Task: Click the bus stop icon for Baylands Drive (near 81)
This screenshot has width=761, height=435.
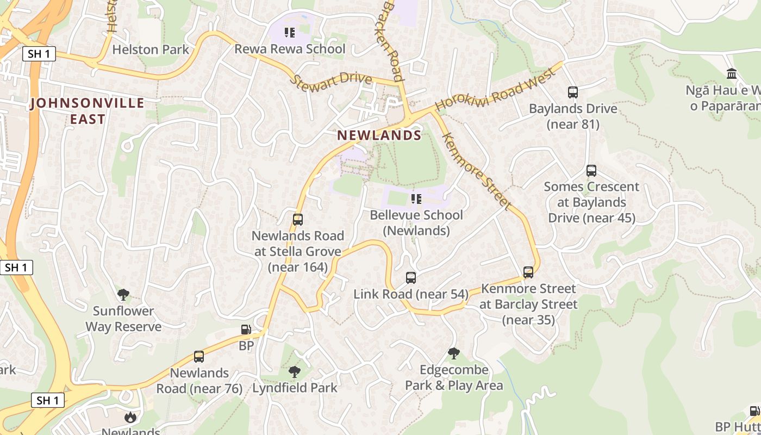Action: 573,92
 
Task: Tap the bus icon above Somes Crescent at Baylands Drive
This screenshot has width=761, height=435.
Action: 591,171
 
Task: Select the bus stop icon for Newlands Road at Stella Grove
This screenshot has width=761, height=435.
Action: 298,220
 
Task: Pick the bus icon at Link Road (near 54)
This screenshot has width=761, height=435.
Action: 411,278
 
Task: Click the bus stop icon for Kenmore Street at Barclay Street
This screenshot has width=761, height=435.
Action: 528,272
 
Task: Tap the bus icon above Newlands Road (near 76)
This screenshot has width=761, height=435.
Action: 199,357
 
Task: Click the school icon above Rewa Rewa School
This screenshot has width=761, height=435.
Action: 290,33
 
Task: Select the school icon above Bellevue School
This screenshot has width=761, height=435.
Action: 416,199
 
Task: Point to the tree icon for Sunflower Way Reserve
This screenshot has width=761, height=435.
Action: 123,295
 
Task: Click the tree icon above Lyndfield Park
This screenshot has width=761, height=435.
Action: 295,372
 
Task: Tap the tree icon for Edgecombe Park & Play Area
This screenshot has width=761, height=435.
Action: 454,353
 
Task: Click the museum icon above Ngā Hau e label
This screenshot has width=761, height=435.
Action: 732,73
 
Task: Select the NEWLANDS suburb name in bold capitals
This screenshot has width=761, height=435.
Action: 379,135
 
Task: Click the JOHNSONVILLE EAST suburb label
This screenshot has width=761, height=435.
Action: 88,111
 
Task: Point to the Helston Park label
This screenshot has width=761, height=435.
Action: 151,49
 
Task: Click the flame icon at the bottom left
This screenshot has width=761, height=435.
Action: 130,418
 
